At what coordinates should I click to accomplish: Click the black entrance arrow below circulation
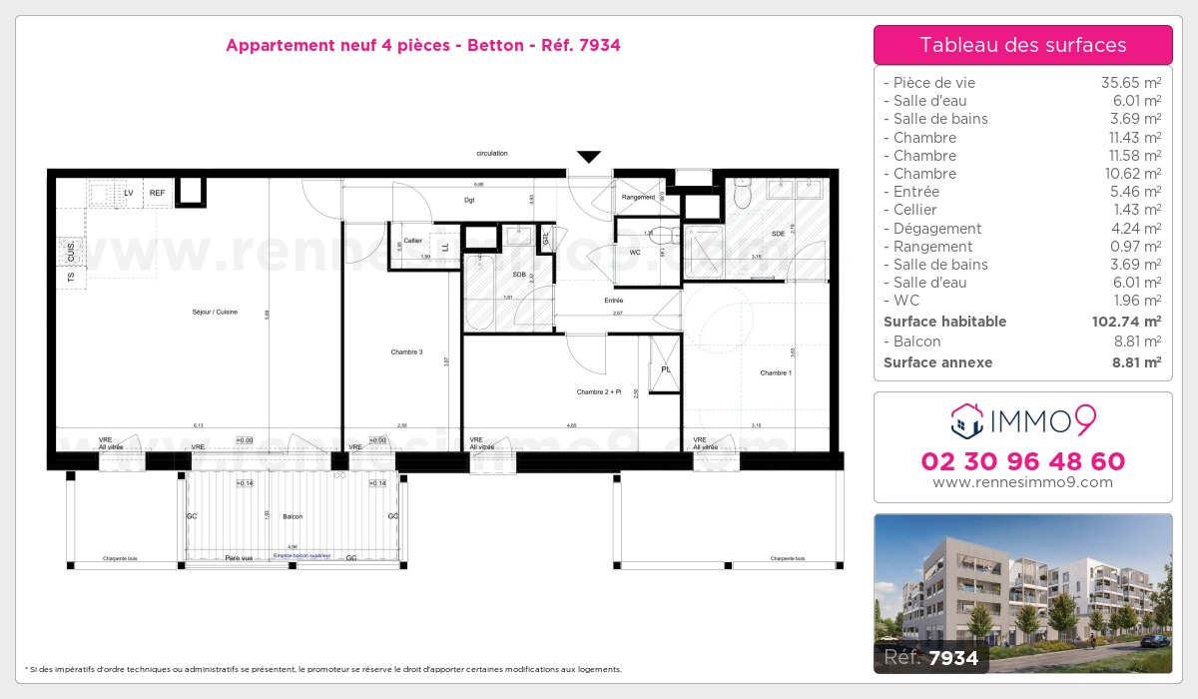click(x=589, y=157)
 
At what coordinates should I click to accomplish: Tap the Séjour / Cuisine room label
click(x=215, y=313)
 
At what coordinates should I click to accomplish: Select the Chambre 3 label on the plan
click(x=406, y=351)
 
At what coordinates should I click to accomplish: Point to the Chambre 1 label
click(x=776, y=372)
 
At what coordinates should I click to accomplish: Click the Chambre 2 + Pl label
click(x=599, y=392)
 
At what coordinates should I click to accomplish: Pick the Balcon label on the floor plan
click(x=293, y=516)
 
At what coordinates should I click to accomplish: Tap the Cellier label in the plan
click(x=412, y=241)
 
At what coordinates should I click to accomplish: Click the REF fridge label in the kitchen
click(x=157, y=193)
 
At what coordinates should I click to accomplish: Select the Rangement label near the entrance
click(x=638, y=197)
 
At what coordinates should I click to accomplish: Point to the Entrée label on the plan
click(x=613, y=300)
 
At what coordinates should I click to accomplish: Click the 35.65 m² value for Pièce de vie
click(x=1130, y=83)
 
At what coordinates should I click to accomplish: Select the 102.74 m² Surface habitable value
click(x=1124, y=322)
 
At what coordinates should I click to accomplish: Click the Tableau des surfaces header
click(x=1022, y=45)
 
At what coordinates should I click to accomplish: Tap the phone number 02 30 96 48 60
click(x=1022, y=461)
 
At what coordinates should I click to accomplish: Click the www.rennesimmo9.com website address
click(x=1022, y=482)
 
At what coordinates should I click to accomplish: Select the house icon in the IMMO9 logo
click(x=966, y=421)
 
